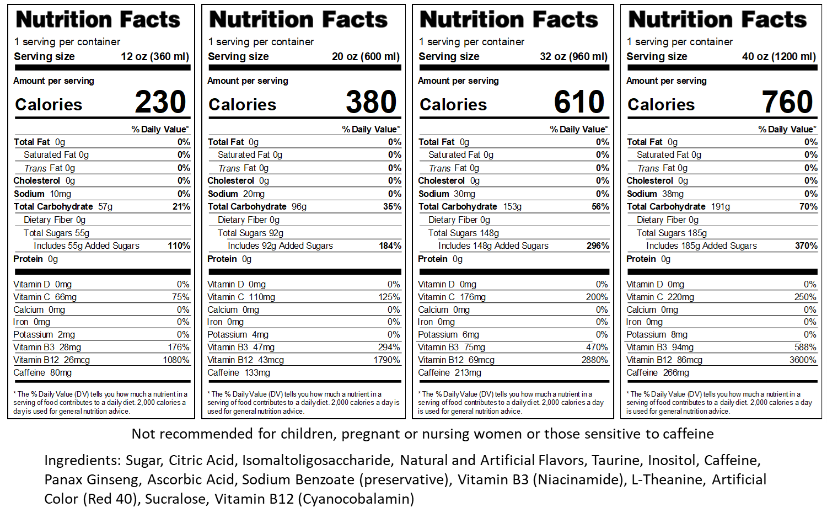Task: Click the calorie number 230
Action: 160,102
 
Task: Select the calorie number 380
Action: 371,102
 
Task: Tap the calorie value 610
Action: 579,102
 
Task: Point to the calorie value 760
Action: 787,102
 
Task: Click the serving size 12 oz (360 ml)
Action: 155,57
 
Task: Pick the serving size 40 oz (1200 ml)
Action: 778,57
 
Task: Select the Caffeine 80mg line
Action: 43,373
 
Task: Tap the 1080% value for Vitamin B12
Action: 176,360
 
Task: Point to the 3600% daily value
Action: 803,360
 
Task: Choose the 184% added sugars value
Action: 390,246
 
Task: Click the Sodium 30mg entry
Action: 447,194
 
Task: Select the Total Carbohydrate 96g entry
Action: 257,207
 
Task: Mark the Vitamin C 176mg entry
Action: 452,297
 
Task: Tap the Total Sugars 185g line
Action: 672,233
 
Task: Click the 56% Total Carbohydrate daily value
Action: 600,207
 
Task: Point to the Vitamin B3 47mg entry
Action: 241,348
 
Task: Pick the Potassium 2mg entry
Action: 44,335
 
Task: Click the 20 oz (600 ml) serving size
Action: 366,57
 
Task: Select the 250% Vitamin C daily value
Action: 805,297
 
